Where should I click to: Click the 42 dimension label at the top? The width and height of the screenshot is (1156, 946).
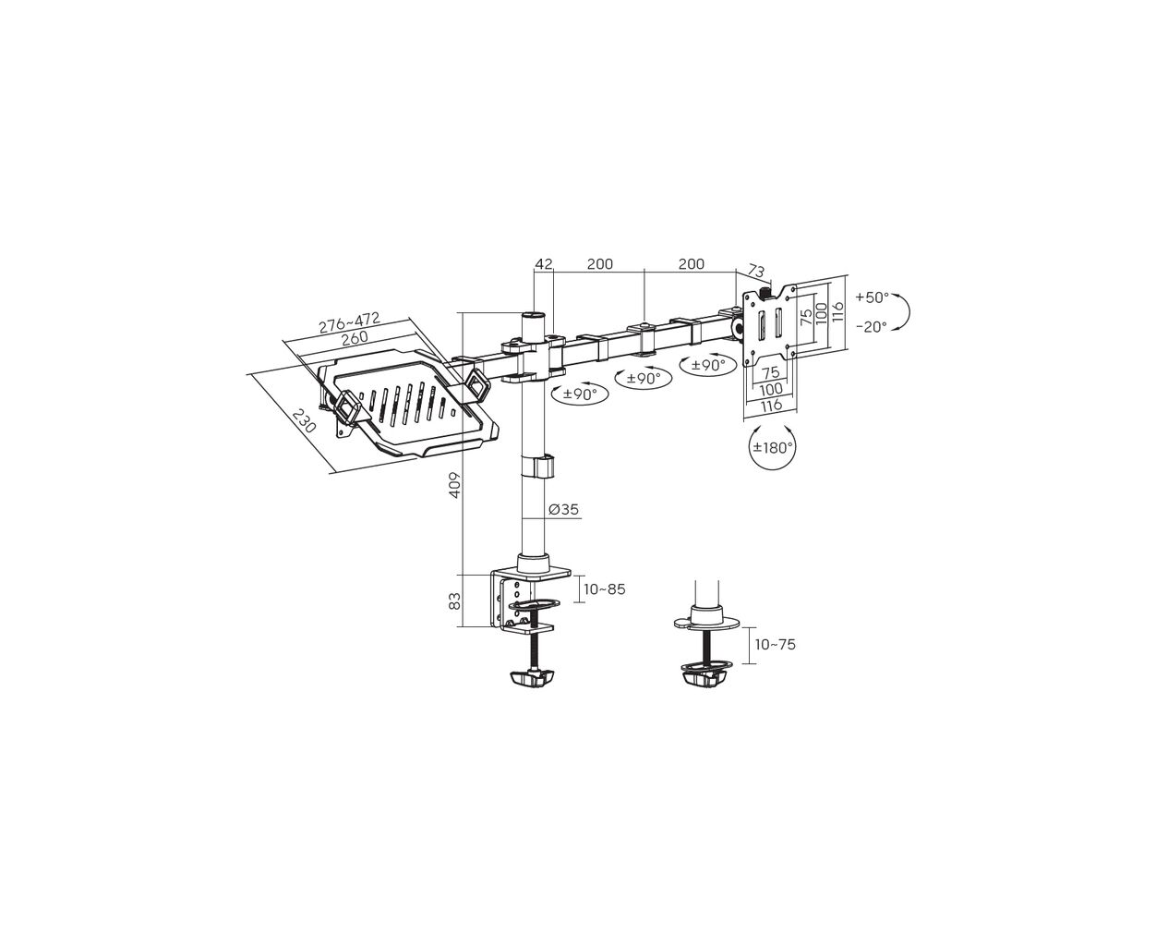[543, 264]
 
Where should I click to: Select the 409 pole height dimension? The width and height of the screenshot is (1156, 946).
[455, 485]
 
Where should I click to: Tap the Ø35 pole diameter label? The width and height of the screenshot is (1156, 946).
[563, 509]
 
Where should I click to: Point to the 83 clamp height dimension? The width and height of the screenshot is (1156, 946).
[455, 601]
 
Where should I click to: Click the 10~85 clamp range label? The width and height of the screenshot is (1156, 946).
[605, 589]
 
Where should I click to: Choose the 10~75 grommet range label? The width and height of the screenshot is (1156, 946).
[775, 645]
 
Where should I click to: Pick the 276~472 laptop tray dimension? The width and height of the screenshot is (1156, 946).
[349, 322]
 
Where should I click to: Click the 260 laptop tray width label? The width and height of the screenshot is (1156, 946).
[354, 338]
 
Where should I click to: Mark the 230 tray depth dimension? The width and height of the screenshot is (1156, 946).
[303, 420]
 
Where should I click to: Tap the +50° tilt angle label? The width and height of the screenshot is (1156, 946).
[872, 297]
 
